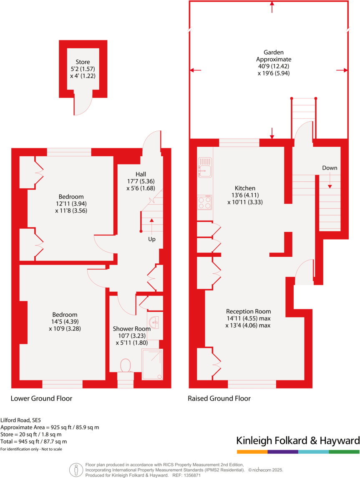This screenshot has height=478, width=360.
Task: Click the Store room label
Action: tap(83, 62)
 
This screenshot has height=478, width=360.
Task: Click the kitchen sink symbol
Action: tap(205, 167)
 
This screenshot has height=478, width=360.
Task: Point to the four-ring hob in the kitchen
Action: tap(205, 203)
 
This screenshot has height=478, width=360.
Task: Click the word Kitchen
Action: tap(245, 188)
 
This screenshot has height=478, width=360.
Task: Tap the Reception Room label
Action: tap(249, 311)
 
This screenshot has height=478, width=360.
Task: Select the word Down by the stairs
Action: tap(330, 168)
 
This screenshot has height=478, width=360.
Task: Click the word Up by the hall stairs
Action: tap(151, 240)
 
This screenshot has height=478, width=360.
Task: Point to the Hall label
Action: tap(141, 174)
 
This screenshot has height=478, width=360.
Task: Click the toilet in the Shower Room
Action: tap(126, 366)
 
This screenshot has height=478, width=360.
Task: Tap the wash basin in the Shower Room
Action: tap(155, 321)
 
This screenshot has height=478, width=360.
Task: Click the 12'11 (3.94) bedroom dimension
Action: tap(71, 204)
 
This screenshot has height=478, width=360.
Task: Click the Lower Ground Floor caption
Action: tap(41, 398)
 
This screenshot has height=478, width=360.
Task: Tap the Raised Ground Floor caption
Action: tap(219, 398)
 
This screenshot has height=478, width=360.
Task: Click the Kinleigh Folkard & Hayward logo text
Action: tap(298, 440)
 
